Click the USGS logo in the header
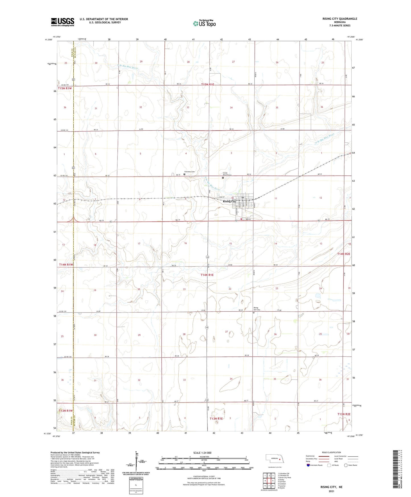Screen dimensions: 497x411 (x=62, y=22)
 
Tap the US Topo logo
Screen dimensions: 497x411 (x=204, y=23)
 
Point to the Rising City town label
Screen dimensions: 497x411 (x=229, y=202)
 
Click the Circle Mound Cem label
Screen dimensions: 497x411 (x=227, y=174)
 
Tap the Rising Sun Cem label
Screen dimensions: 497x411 (x=257, y=309)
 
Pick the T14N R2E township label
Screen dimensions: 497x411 (x=344, y=254)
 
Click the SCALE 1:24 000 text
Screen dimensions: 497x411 (x=202, y=453)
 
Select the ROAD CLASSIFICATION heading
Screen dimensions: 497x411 (x=331, y=452)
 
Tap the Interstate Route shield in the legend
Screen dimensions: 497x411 (x=309, y=465)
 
